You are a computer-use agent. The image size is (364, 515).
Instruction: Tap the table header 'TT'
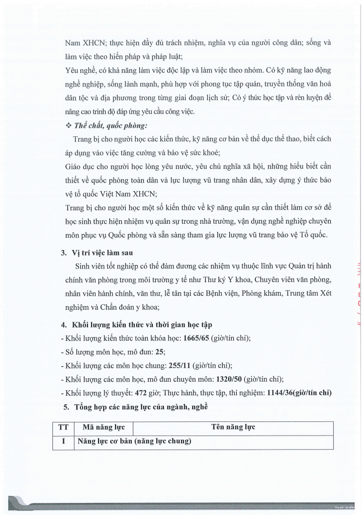(x=63, y=427)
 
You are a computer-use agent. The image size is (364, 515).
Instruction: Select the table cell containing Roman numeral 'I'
(x=63, y=442)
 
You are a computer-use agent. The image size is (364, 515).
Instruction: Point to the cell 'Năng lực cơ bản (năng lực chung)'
(x=134, y=442)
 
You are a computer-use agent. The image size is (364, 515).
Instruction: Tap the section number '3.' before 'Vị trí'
(x=63, y=253)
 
